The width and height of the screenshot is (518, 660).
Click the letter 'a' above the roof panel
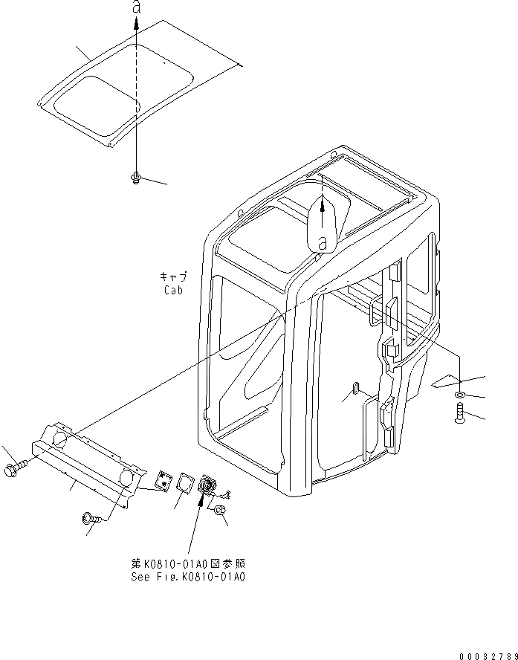coord(136,7)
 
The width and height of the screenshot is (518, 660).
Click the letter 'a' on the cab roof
coord(323,241)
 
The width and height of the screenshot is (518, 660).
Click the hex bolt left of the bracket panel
coord(16,468)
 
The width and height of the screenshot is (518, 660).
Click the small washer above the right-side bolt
coord(461,395)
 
